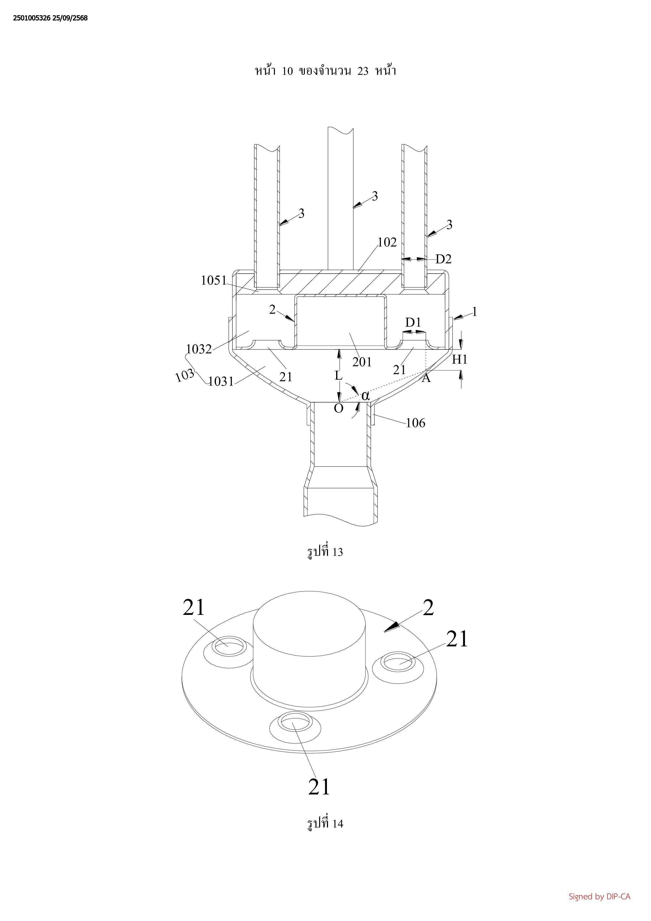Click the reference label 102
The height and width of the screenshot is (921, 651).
click(387, 242)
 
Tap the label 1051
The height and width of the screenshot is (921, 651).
click(214, 280)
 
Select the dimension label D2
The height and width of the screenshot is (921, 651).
click(443, 260)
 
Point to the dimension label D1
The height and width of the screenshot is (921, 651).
click(413, 322)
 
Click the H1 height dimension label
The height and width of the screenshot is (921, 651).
click(460, 360)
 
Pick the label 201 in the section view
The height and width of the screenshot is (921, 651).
click(362, 362)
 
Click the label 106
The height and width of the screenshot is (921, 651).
click(415, 423)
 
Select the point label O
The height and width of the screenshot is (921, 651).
click(339, 409)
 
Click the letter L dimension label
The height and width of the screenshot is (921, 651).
click(339, 376)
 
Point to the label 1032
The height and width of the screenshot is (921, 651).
click(199, 349)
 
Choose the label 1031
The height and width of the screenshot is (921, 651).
click(221, 381)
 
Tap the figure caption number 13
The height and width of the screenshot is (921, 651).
click(337, 552)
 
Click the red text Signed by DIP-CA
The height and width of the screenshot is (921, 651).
click(599, 897)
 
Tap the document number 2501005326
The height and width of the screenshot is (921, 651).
click(32, 18)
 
